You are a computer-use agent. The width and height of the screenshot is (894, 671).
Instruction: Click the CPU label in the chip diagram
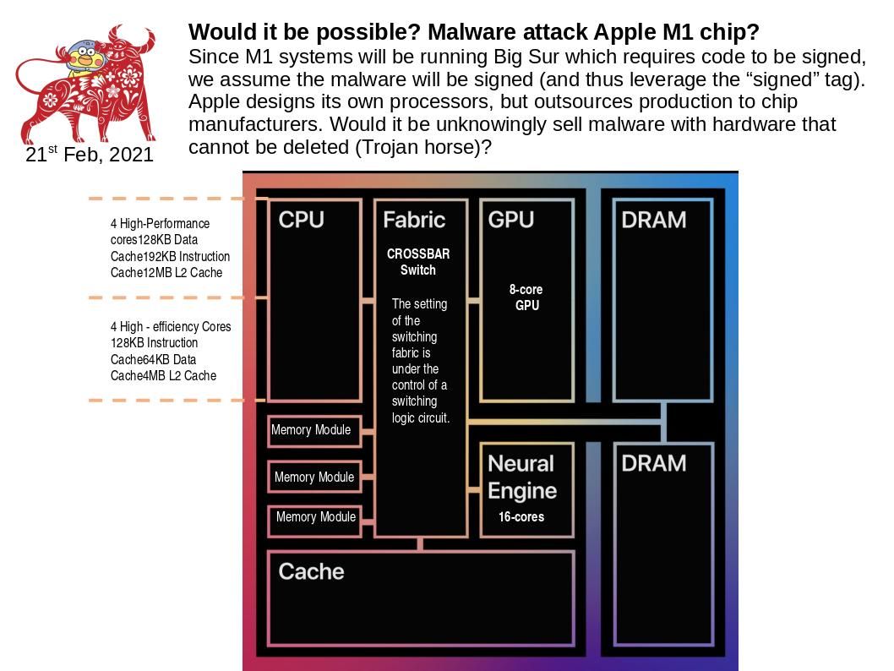coord(301,220)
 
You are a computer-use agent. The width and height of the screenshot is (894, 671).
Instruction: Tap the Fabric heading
coord(413,220)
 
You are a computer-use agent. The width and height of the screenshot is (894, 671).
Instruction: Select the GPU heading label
coord(510,220)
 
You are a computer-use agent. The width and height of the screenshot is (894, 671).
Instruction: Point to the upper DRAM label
coord(653,220)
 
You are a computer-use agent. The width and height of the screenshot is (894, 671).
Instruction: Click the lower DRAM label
coord(653,463)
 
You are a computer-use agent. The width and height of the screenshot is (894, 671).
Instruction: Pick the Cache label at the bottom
coord(311,571)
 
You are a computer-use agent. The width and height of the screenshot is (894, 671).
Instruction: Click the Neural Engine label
coord(522,477)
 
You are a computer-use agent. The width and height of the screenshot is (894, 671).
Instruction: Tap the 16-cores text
coord(521,516)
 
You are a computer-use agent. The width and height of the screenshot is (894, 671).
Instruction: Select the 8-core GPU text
coord(526,297)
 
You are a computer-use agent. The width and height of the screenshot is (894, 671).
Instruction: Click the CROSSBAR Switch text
coord(418,262)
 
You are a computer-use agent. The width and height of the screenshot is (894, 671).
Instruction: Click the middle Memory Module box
coord(313,477)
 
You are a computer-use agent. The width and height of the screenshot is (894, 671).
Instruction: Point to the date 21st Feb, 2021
coord(90,155)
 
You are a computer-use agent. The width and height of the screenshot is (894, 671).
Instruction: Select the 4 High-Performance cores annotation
coord(169,248)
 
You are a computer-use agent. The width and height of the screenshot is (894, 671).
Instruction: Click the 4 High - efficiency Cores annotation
coord(170,351)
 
